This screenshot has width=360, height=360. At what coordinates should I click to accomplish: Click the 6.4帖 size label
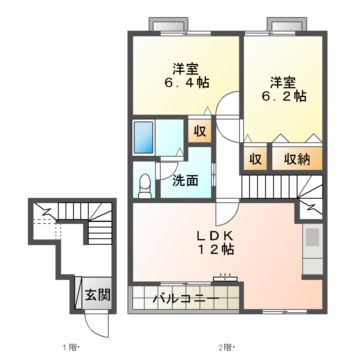(184, 87)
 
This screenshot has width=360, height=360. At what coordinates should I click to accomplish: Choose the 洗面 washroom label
(183, 181)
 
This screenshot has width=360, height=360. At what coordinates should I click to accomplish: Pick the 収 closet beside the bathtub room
(199, 130)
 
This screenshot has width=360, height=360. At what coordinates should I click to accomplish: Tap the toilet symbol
(146, 182)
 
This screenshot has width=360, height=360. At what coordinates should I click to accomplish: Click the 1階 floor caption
(69, 347)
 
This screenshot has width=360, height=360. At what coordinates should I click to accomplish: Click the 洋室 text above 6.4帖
(183, 68)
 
